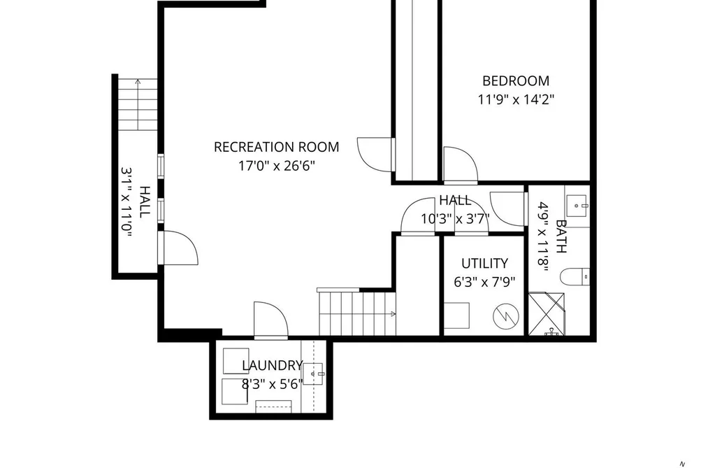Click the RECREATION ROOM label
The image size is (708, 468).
tap(276, 147)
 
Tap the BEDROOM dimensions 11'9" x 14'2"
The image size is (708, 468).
tap(516, 99)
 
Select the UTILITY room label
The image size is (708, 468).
tap(484, 263)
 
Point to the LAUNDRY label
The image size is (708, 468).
tap(273, 365)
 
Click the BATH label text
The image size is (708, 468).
tap(561, 236)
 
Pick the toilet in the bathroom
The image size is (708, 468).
tap(575, 276)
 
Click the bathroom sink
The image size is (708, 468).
tap(577, 206)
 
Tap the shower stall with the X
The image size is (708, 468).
tap(546, 314)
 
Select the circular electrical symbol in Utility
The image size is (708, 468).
tap(506, 315)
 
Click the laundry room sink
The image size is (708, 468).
tap(313, 374)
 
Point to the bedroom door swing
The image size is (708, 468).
tap(461, 165)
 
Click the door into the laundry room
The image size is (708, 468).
tap(271, 320)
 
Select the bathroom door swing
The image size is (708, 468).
tap(509, 208)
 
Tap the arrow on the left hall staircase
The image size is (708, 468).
tap(138, 105)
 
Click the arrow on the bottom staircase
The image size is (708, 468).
tap(357, 313)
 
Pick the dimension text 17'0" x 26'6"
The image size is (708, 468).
tap(276, 166)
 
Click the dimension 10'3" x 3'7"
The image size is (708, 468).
tap(455, 219)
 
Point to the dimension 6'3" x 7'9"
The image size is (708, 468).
tap(484, 283)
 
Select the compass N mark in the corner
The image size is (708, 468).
tap(682, 464)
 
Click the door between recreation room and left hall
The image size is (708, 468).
tap(178, 248)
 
